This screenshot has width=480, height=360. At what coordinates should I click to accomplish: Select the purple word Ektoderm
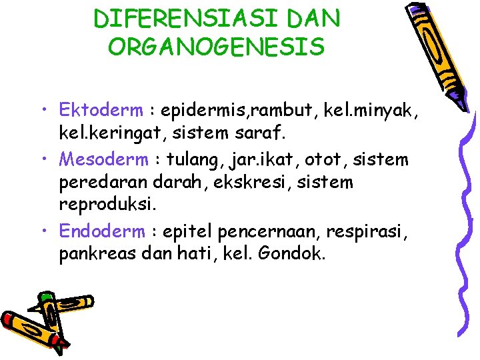[x=100, y=109]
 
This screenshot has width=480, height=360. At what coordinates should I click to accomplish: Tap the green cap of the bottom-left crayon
[x=45, y=297]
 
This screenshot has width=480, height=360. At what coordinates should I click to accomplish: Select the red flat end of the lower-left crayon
[x=61, y=346]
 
